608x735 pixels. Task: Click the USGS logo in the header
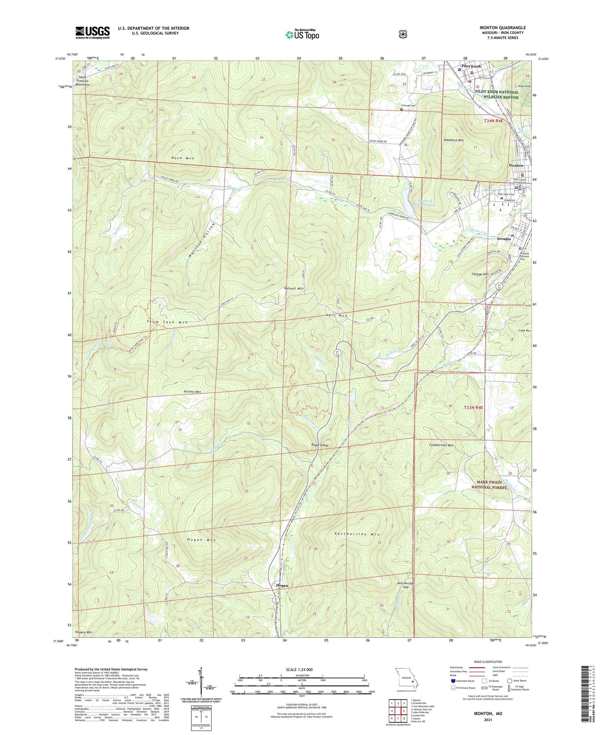coord(93,32)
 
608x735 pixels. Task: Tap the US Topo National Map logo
coord(302,35)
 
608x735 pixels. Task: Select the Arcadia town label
coord(504,239)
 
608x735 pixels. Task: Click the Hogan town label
coord(281,586)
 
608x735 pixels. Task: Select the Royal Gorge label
coord(320,445)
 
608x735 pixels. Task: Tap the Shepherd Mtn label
coord(453,140)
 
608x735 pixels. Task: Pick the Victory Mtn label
coord(192,391)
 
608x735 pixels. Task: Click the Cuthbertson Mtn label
coord(441,445)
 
